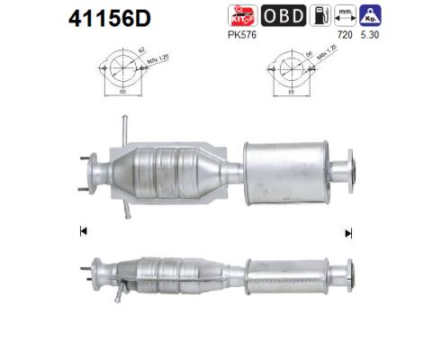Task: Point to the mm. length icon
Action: tap(344, 15)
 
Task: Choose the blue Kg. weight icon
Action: tap(368, 15)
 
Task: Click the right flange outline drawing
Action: tap(287, 67)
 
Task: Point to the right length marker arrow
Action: tap(347, 232)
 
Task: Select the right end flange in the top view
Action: tap(344, 171)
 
